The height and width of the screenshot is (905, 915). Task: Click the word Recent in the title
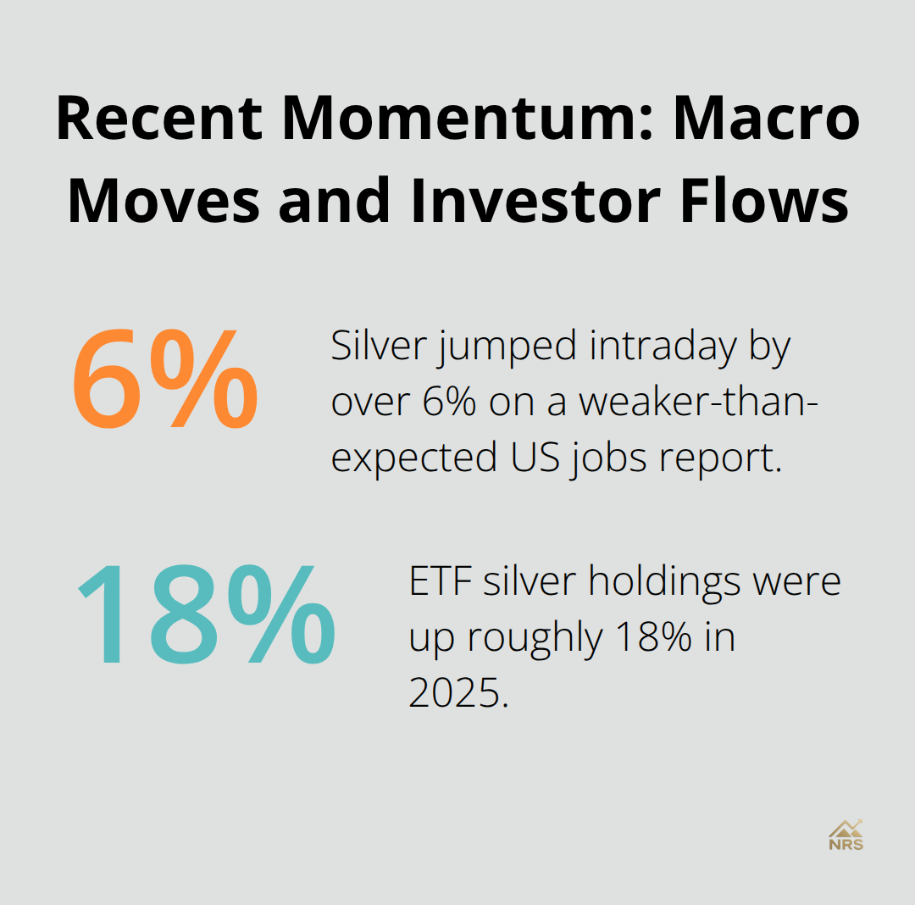(159, 119)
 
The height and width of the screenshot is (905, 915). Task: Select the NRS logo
(846, 834)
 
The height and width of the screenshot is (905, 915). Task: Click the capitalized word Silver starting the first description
(378, 348)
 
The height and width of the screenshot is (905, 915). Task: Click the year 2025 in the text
(457, 693)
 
